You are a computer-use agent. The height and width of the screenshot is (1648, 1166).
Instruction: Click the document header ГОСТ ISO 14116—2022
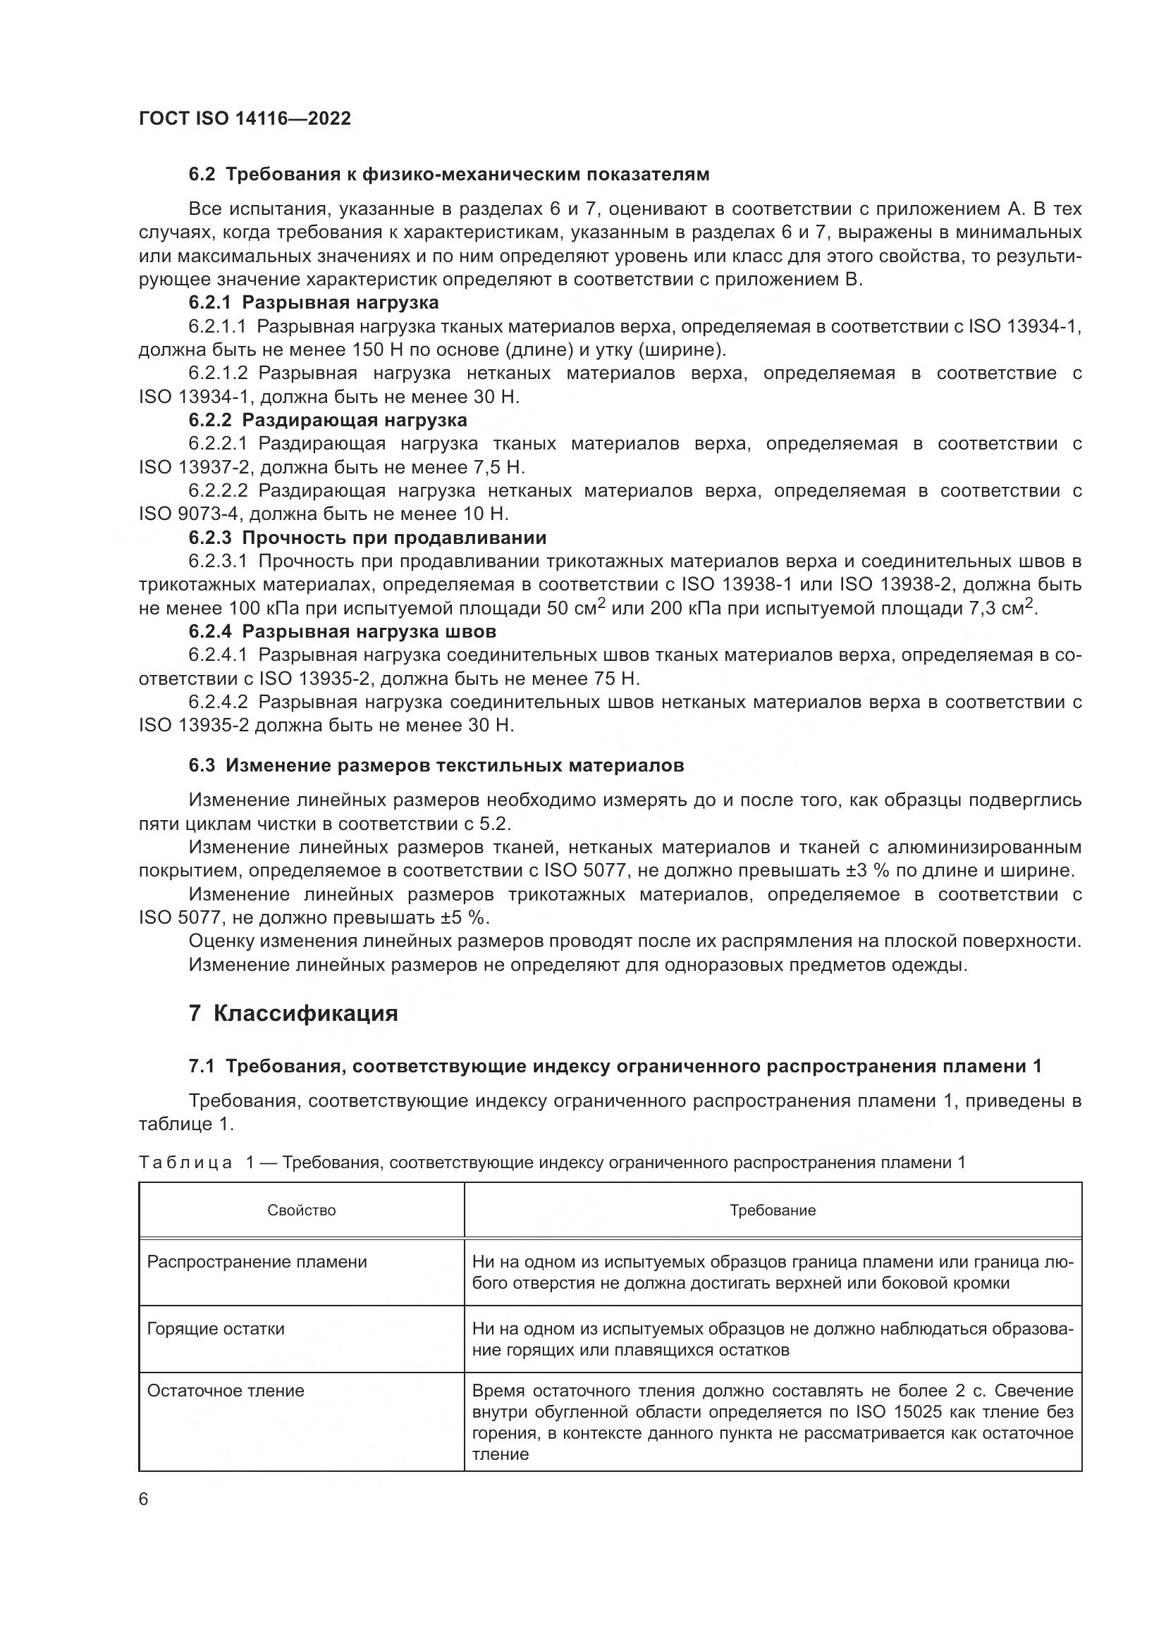245,119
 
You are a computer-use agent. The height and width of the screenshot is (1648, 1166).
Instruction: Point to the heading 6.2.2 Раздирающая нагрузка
327,420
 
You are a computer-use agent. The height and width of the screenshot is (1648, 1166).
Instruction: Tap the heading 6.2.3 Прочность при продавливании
367,538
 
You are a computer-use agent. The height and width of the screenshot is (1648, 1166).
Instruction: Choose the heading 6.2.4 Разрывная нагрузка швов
343,631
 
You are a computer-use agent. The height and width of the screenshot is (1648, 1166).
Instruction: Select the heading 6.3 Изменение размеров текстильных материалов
436,766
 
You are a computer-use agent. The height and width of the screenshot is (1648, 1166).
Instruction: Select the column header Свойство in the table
302,1210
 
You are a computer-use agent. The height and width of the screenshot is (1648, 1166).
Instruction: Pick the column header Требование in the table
773,1210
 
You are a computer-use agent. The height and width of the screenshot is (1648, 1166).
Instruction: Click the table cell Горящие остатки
216,1329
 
